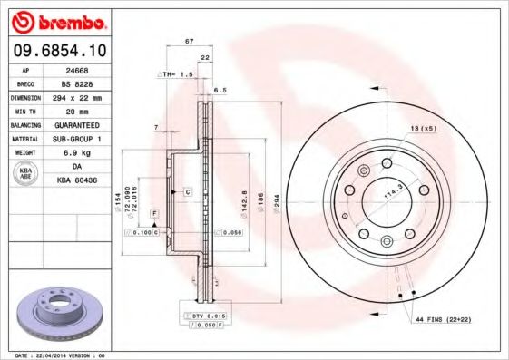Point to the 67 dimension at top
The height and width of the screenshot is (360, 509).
click(x=189, y=42)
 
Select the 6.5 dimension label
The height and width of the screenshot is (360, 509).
click(x=220, y=91)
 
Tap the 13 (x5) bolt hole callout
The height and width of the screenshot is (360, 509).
click(x=423, y=129)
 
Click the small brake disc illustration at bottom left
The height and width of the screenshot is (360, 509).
click(x=56, y=311)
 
